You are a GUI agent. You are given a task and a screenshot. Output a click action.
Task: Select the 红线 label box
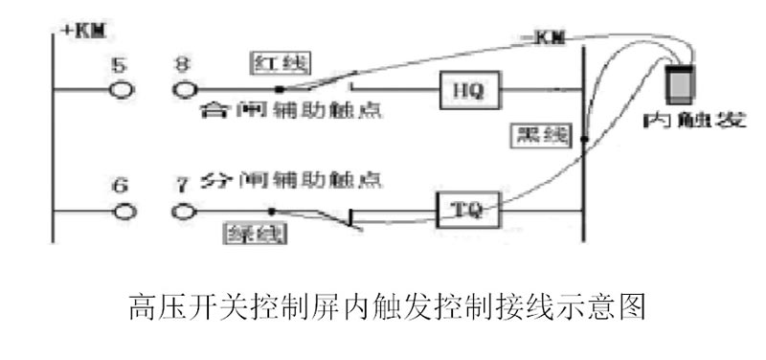[270, 63]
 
